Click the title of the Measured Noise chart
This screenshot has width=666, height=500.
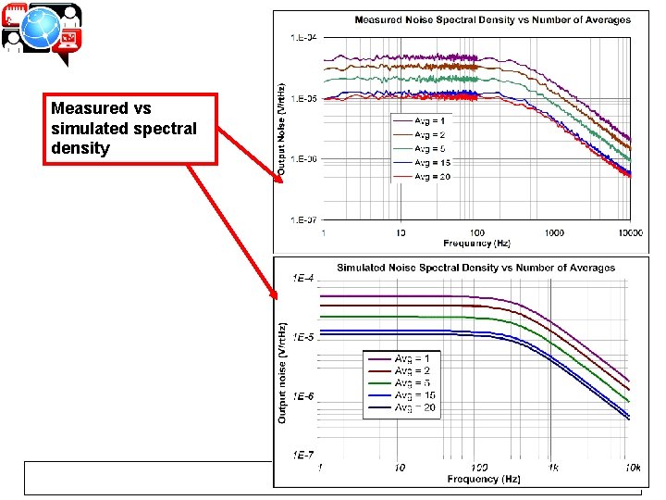493,19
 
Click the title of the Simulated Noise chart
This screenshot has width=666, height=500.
475,268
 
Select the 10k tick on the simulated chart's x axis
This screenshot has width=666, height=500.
631,468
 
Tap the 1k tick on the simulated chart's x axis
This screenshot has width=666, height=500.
553,468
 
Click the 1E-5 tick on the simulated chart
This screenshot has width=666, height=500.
303,337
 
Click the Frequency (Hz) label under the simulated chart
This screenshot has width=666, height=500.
475,479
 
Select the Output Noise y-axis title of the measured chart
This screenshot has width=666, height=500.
282,130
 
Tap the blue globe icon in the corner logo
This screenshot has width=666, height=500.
42,29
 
